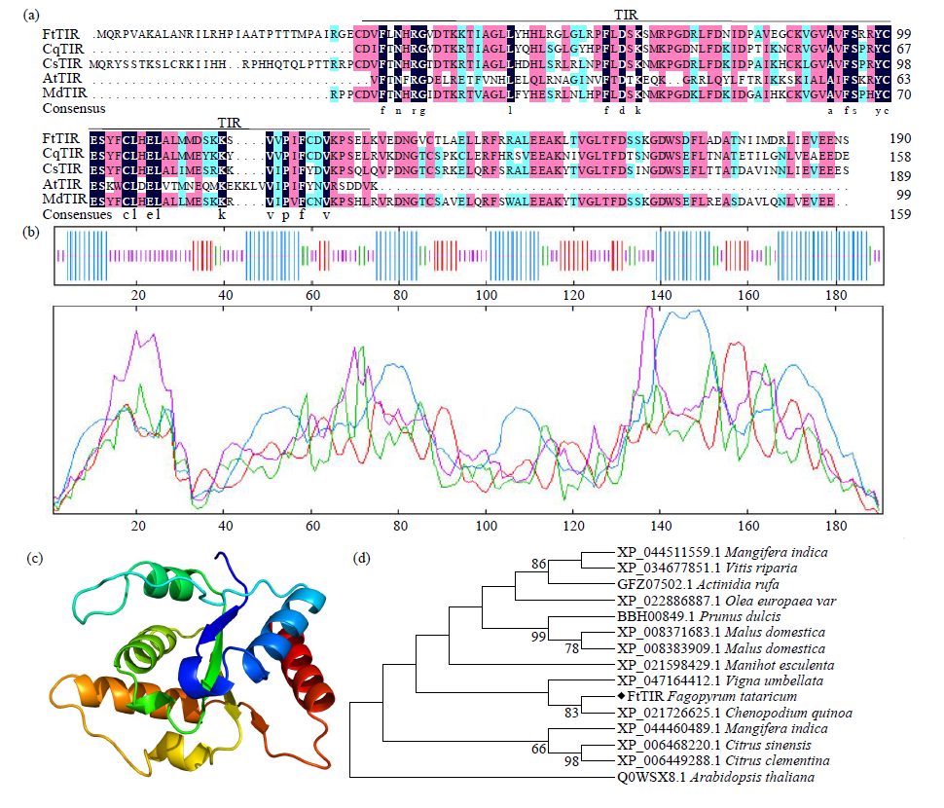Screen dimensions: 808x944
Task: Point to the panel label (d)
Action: click(363, 559)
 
